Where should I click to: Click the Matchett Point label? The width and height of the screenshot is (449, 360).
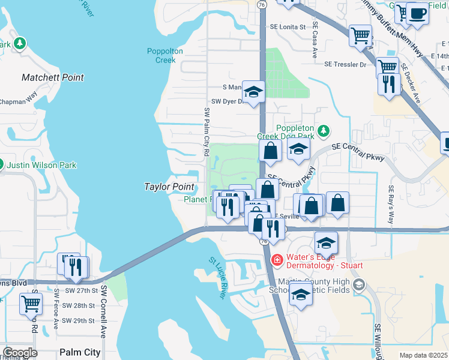coord(53,77)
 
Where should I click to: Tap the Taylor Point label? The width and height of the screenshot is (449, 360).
coord(169,187)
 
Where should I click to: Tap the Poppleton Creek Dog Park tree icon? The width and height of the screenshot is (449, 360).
coord(324,131)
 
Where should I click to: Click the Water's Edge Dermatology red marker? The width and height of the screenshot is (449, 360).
coord(277,260)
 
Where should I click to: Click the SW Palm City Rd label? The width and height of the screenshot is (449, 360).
coord(206,129)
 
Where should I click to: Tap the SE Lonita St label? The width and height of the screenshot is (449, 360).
coord(288,27)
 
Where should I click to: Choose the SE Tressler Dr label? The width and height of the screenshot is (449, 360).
coord(345,64)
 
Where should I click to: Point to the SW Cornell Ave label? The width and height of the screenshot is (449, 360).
coord(103,311)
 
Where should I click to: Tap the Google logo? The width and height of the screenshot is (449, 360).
coord(20,353)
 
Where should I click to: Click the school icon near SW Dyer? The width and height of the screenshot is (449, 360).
coord(253,92)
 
